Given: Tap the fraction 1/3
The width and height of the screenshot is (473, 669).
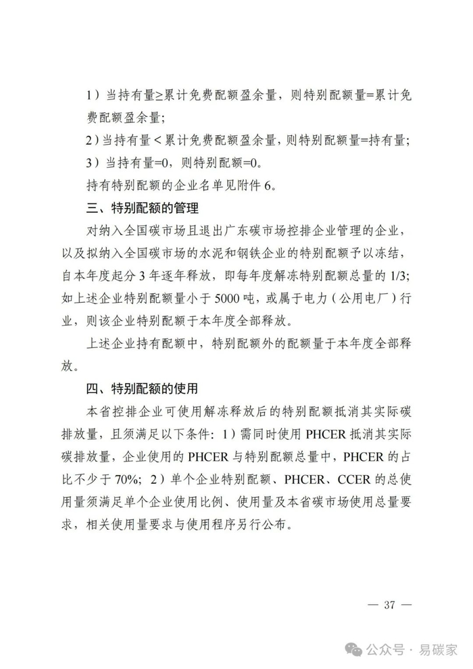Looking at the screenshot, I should click(x=394, y=276).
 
